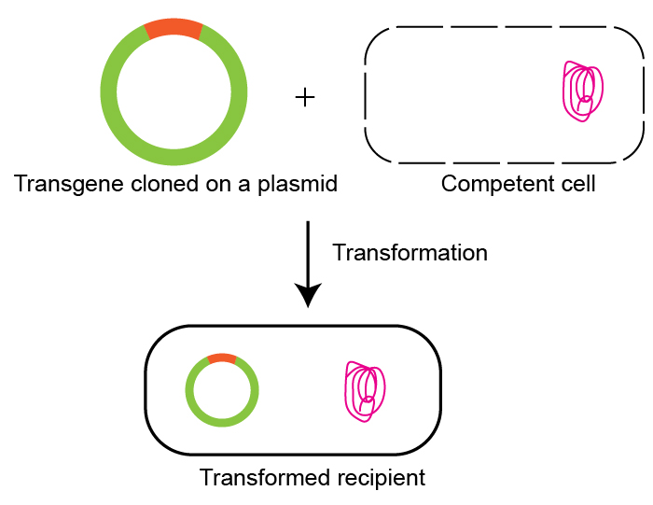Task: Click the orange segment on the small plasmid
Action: coord(222,358)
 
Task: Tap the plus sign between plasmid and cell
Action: coord(305,96)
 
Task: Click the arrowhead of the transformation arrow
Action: coord(307,296)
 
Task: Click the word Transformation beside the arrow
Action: coord(410,253)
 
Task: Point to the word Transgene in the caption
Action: coord(58,184)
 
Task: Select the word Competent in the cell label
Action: coord(489,184)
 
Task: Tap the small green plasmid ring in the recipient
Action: coord(190,390)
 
